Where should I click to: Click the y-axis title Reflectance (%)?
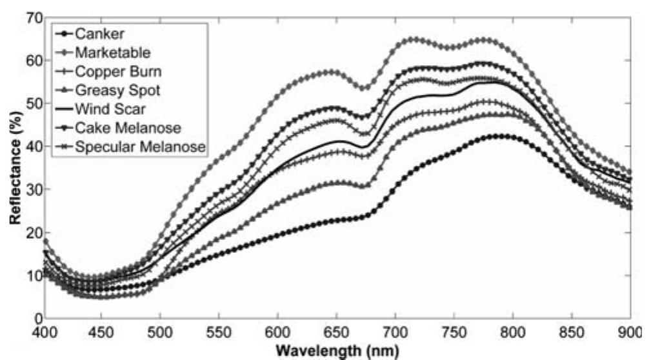click(14, 166)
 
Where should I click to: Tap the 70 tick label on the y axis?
click(33, 18)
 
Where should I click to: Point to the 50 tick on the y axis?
click(33, 103)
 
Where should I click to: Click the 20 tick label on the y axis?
click(33, 232)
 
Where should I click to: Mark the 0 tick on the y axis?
click(37, 318)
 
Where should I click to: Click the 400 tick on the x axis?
click(44, 332)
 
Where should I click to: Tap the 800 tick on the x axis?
click(512, 332)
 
